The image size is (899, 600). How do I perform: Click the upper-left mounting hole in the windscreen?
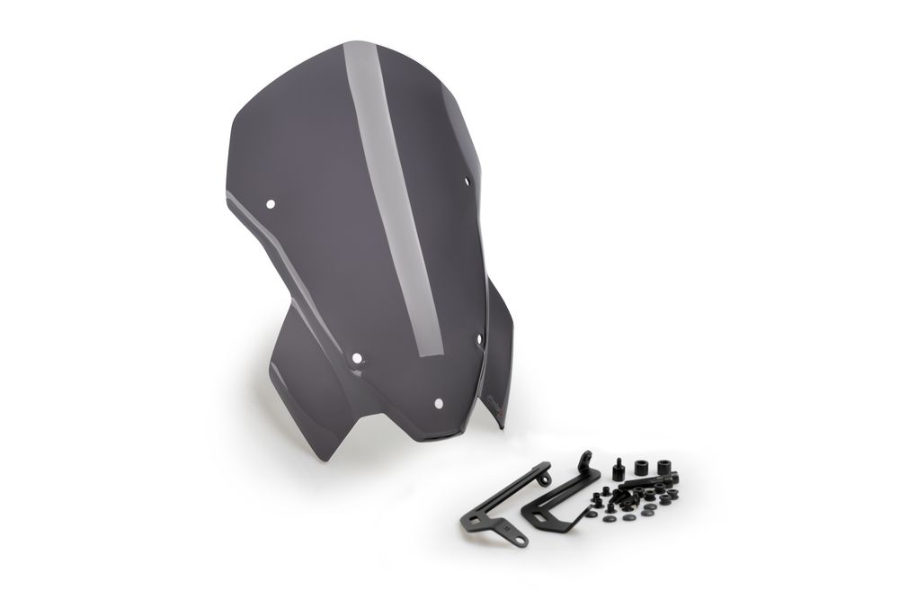[x=270, y=204]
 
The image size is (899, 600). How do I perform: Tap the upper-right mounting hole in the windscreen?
[x=467, y=182]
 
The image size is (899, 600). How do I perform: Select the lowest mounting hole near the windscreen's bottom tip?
[x=439, y=403]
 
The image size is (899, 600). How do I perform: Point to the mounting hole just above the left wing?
[x=357, y=358]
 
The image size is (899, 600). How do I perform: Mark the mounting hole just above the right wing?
[x=478, y=339]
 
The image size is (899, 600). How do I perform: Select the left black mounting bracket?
[x=503, y=504]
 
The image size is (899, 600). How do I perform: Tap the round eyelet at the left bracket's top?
[x=543, y=479]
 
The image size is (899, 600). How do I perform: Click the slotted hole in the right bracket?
[x=540, y=517]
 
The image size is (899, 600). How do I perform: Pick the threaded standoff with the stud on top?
[x=619, y=470]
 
